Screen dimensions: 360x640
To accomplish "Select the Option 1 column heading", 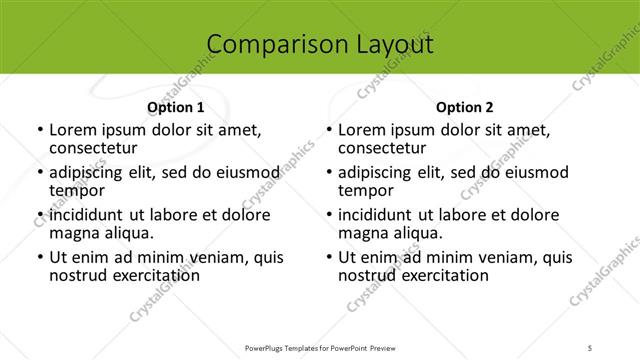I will click(176, 107).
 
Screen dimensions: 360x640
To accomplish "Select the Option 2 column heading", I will click(465, 107).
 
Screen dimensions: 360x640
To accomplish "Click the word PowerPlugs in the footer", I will click(269, 348).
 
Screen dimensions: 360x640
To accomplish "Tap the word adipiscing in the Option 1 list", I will click(91, 172).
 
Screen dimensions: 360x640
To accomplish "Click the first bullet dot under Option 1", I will click(39, 130).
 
